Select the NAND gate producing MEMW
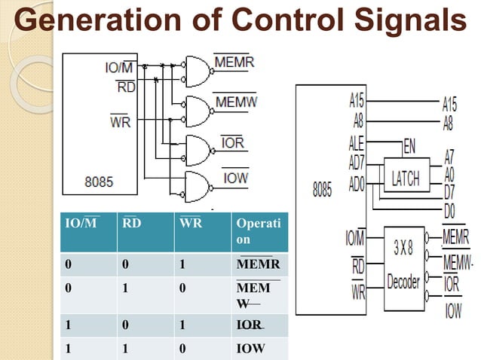point(198,111)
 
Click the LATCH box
point(406,178)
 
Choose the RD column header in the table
point(130,223)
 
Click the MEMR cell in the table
point(253,265)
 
